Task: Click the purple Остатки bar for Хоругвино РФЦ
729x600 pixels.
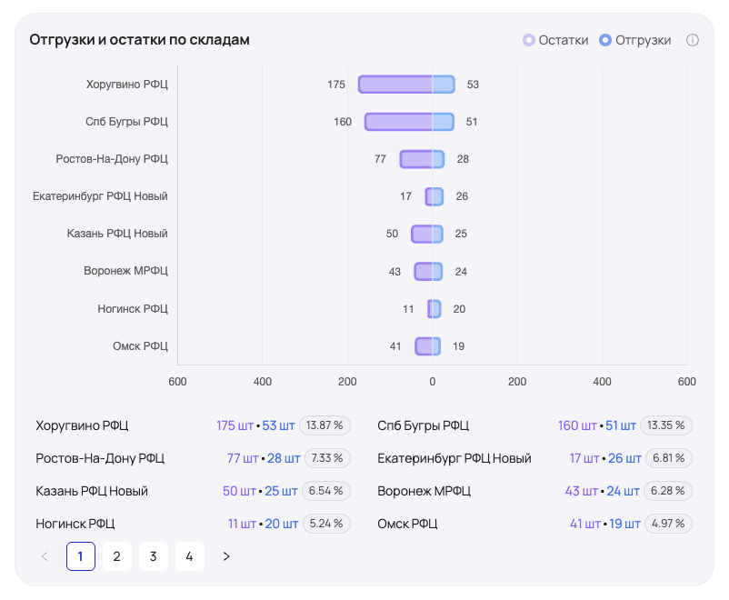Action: tap(394, 85)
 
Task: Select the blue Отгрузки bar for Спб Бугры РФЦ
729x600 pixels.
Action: tap(443, 122)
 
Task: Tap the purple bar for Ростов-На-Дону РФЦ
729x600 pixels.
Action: tap(415, 159)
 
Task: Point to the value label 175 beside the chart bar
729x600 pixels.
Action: tap(336, 85)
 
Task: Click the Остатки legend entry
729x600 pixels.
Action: tap(555, 40)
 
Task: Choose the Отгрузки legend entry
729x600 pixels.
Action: tap(635, 40)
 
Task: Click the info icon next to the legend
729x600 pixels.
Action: tap(693, 40)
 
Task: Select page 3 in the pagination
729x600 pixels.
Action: tap(154, 556)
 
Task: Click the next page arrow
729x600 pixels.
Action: tap(226, 556)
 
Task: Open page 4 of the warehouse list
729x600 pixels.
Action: tap(189, 556)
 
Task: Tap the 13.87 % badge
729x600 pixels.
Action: tap(325, 425)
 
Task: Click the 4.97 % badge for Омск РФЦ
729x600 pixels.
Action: tap(667, 524)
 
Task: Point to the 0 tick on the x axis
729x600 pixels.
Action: tap(432, 382)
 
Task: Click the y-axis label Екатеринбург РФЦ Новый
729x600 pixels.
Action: tap(100, 196)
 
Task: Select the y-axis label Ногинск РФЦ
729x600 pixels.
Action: tap(133, 308)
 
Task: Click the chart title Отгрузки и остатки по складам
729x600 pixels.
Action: tap(139, 40)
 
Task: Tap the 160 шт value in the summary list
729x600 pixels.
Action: tap(577, 425)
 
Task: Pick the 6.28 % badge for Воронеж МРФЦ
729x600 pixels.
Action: tap(667, 491)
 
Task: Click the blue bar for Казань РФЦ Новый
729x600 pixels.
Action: tap(437, 234)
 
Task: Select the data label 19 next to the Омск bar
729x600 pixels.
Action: tap(459, 345)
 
